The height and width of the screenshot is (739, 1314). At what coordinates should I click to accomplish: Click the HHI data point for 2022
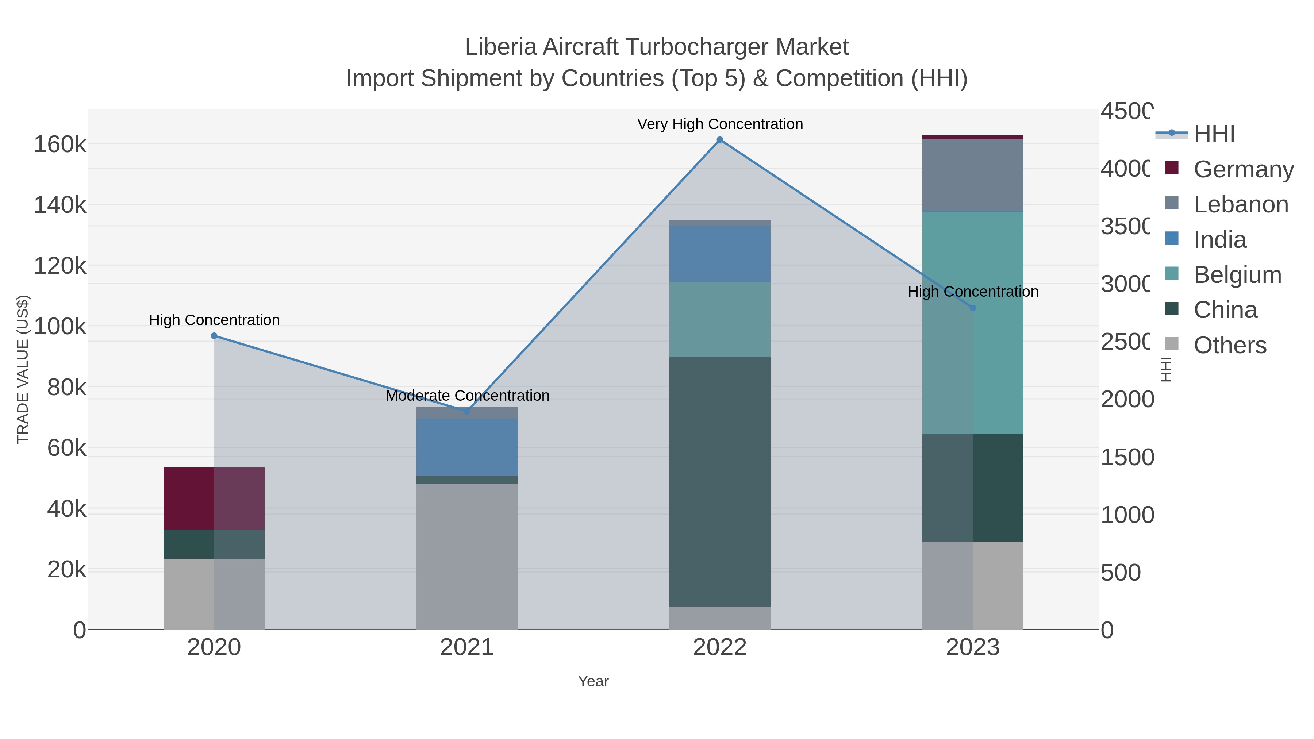[720, 140]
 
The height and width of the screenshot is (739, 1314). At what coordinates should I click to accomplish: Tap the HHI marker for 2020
[214, 336]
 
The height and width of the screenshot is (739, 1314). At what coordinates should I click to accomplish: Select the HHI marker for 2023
[973, 308]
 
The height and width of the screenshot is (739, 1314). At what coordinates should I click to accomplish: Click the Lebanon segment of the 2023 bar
[973, 174]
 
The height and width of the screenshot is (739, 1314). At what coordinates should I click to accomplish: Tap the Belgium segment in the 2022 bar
[720, 319]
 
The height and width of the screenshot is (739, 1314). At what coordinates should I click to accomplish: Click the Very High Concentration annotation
[720, 124]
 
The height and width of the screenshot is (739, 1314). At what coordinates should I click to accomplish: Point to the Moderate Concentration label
[467, 396]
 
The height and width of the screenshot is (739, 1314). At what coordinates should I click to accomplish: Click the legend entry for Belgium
[1237, 275]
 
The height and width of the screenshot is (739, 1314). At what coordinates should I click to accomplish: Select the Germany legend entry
[1243, 169]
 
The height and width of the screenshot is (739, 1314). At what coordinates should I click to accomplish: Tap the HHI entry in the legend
[1214, 134]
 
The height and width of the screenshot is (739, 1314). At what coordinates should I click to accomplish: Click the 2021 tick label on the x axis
[467, 648]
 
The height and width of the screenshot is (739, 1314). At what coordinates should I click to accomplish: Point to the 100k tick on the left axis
[60, 327]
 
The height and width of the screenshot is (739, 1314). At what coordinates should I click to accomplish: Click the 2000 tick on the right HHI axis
[1127, 399]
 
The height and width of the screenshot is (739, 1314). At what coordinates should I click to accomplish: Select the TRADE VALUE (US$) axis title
[23, 369]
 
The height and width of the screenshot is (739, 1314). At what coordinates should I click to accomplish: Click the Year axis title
[593, 681]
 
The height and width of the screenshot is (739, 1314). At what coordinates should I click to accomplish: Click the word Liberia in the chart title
[500, 47]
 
